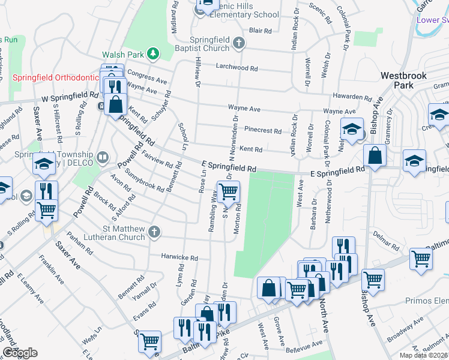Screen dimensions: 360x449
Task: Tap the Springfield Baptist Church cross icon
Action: point(239,43)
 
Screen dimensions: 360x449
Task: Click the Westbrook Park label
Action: point(404,80)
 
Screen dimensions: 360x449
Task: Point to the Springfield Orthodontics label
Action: point(55,78)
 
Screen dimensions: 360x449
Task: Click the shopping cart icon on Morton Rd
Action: point(228,193)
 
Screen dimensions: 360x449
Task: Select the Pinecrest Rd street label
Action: point(262,130)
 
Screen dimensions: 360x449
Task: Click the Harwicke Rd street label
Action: point(179,257)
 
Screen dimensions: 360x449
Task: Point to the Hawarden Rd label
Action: point(353,97)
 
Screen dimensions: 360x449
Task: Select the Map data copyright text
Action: point(424,355)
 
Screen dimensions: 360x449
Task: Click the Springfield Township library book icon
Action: point(103,158)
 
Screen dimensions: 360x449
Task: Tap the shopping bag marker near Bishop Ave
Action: point(375,157)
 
